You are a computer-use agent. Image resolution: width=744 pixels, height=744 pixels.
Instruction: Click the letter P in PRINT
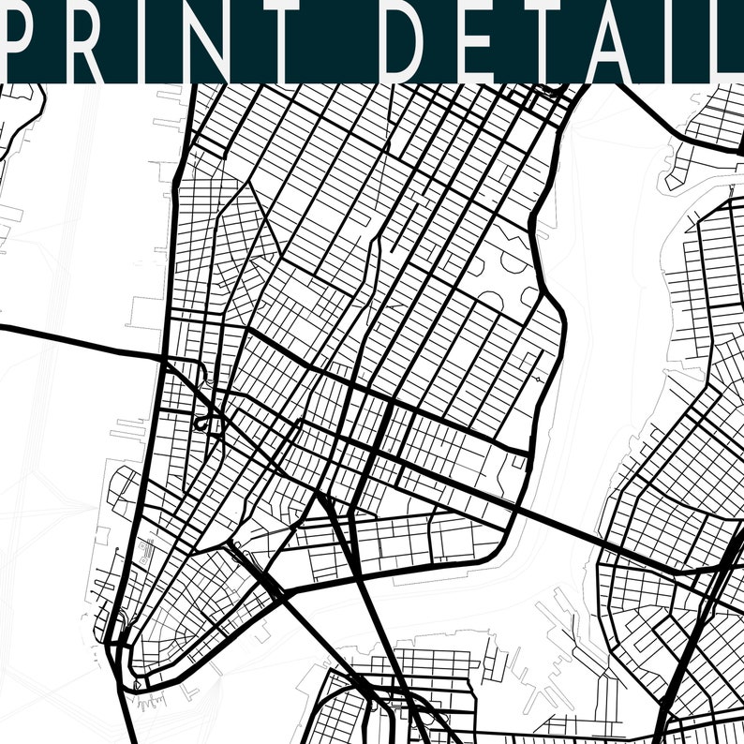coord(25,41)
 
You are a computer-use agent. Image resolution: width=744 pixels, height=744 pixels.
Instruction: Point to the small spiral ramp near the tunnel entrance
coord(200,424)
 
